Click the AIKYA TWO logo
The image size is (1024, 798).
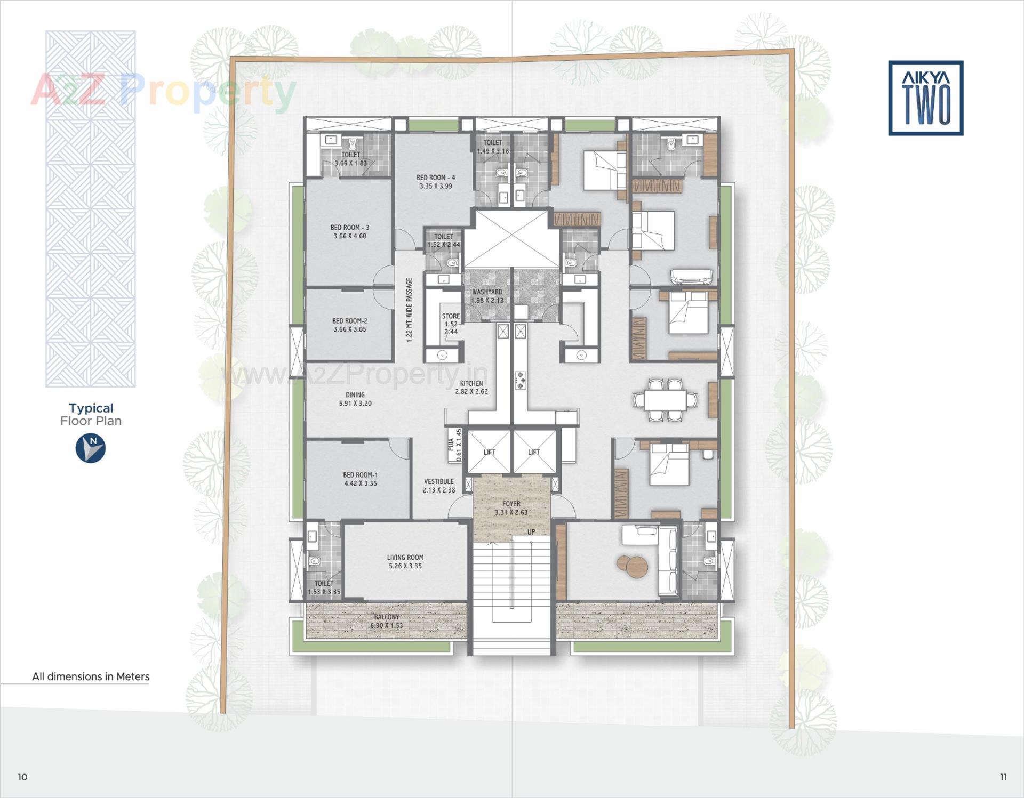coord(925,98)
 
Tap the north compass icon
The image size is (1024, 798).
coord(91,448)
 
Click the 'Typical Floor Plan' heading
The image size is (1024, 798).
coord(91,414)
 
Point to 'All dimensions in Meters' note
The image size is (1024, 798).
coord(91,676)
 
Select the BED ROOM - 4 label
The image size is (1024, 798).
coord(436,182)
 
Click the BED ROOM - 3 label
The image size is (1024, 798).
coord(350,231)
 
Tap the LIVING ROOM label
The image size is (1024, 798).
coord(405,561)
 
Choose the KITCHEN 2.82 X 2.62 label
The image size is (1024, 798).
coord(471,387)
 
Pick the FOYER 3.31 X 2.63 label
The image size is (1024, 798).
coord(511,507)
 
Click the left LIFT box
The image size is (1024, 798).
coord(489,452)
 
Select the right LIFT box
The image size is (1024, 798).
coord(534,452)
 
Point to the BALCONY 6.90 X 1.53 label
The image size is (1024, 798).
coord(387,621)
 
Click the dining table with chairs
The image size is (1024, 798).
coord(665,400)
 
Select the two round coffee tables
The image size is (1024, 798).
coord(631,566)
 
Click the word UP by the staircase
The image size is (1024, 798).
coord(531,532)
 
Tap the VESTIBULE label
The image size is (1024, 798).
coord(439,486)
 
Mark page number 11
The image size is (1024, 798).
coord(1003,777)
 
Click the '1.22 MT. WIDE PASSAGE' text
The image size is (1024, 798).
coord(410,310)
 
